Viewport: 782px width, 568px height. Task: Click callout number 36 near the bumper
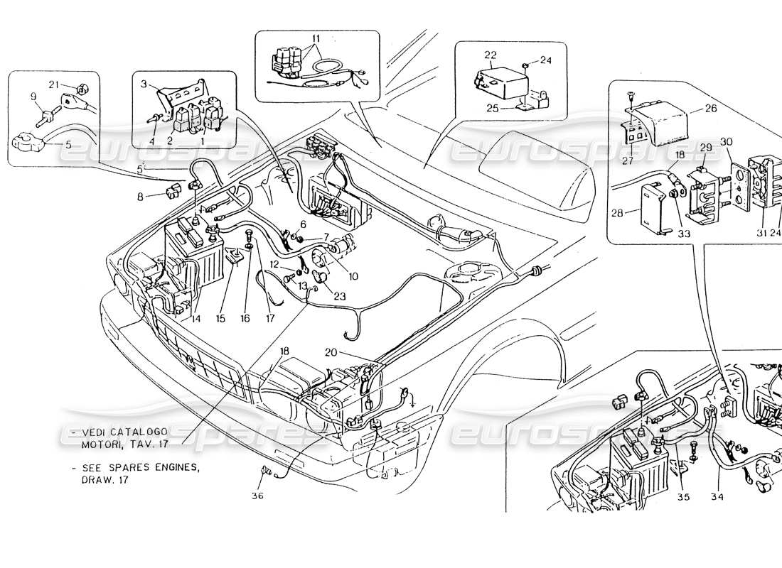[x=257, y=496]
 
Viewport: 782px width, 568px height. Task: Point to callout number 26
[x=712, y=109]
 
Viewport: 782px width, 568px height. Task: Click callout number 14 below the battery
[x=192, y=319]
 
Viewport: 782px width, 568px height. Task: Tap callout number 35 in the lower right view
[x=683, y=497]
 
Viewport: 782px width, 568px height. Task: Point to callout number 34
[x=715, y=497]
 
